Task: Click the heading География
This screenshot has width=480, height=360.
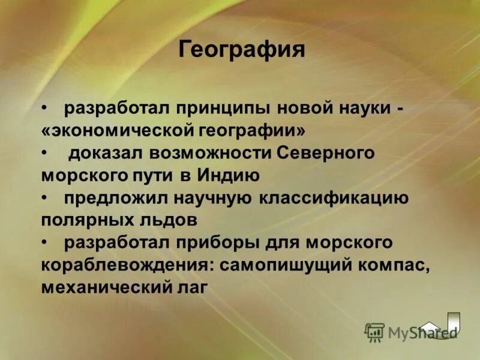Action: [x=242, y=49]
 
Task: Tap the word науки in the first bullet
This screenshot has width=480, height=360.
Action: [x=361, y=109]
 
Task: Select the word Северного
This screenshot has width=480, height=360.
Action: [x=326, y=153]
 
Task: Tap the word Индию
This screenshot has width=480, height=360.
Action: [x=231, y=175]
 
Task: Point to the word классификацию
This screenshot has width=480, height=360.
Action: [x=334, y=197]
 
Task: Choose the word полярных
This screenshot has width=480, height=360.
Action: [x=83, y=220]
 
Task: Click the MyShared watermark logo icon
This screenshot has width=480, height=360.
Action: [x=374, y=332]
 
